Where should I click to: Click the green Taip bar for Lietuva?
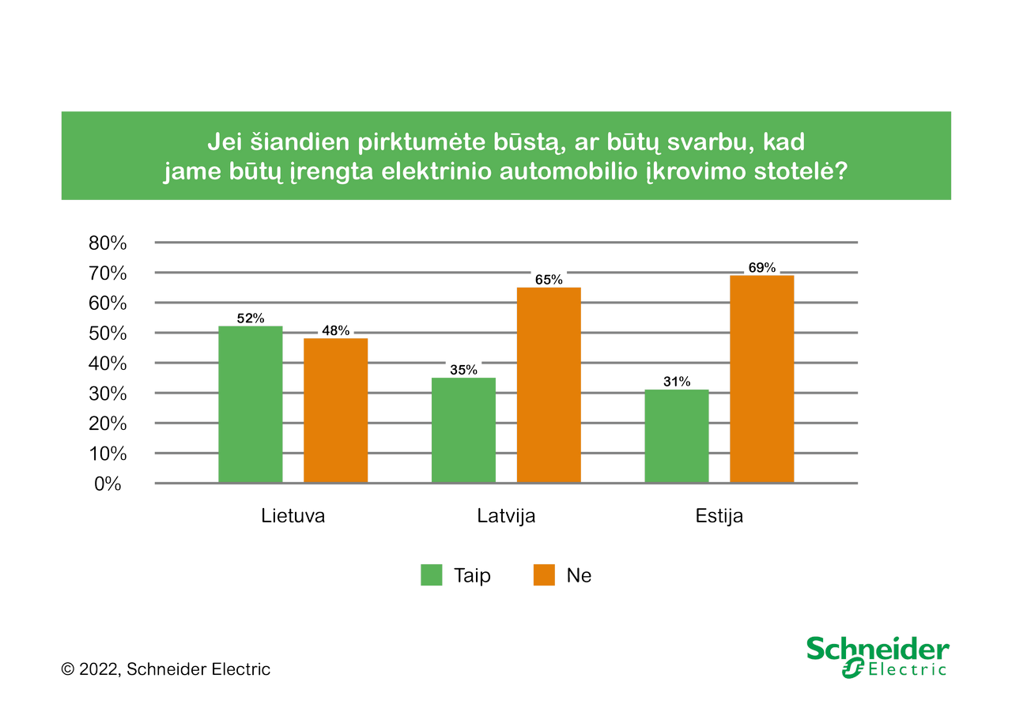coord(250,404)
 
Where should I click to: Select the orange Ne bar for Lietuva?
coord(335,410)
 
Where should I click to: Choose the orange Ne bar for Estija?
coord(761,379)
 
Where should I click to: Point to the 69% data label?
coord(762,268)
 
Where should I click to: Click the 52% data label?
coord(250,318)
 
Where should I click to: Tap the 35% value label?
coord(463,370)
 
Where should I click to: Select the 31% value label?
coord(677,382)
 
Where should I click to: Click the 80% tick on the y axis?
coord(108,243)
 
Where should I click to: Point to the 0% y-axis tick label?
coord(108,484)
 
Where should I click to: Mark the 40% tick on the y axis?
coord(108,363)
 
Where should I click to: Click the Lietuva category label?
coord(293,516)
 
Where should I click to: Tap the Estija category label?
coord(719,516)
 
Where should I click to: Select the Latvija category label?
coord(506,516)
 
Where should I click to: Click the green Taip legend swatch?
coord(432,575)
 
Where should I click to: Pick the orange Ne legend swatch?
coord(544,575)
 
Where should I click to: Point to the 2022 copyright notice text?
coord(166,669)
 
